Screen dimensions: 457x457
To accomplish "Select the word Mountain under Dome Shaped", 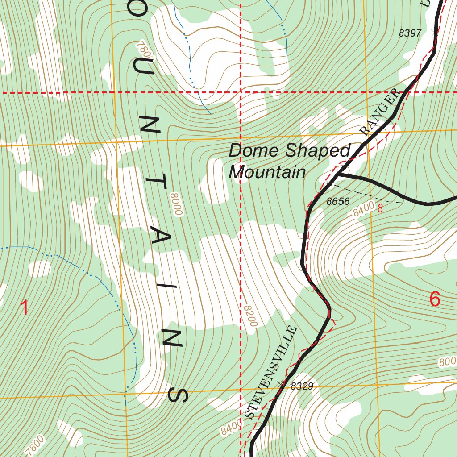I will tap(267, 172).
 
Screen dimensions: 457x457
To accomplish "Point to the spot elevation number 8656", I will tap(338, 201).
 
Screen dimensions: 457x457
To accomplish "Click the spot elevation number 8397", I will tap(410, 33).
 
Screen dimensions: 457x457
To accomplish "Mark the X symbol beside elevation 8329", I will tap(280, 383).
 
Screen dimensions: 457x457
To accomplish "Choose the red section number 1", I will tap(25, 308).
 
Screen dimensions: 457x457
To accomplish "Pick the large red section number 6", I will tap(435, 299).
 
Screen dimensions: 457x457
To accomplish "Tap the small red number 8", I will tap(380, 208).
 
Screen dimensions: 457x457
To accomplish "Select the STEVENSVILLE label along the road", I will tap(271, 373).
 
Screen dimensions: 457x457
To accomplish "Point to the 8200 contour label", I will tap(250, 316).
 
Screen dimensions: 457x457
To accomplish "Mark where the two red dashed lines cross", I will tap(241, 93).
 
